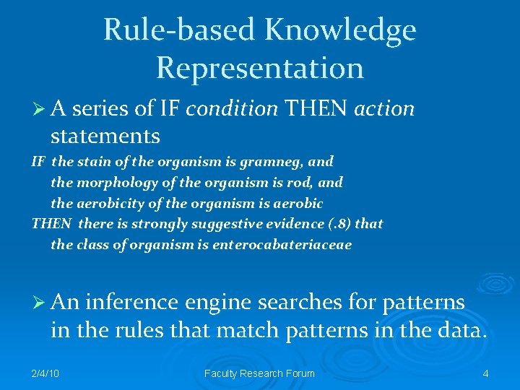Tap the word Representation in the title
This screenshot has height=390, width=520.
(260, 68)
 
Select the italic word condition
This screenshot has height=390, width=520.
(232, 109)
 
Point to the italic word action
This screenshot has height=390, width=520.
(384, 109)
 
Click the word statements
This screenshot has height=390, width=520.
(105, 135)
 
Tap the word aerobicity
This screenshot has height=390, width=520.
(108, 203)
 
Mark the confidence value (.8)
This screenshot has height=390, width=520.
(336, 224)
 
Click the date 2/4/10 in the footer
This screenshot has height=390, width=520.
(45, 373)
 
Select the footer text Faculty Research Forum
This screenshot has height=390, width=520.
(260, 373)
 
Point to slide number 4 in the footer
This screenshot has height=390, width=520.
(485, 373)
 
